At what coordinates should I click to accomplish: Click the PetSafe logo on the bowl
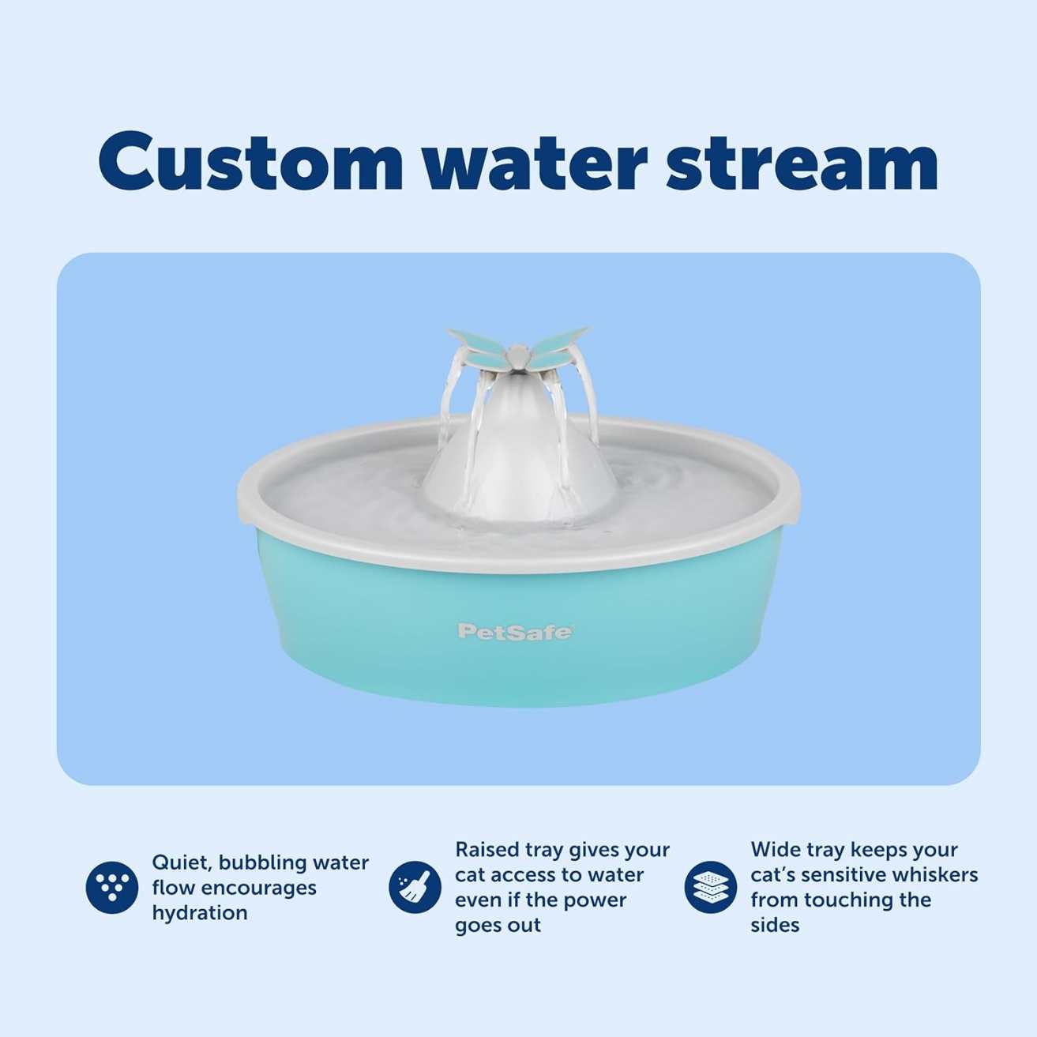[515, 631]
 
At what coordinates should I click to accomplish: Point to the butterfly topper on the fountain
[517, 348]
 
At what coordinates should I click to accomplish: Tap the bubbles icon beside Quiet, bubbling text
[111, 887]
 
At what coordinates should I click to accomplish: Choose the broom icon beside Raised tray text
[415, 887]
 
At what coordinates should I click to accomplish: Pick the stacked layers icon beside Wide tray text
[710, 887]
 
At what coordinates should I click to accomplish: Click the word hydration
[200, 913]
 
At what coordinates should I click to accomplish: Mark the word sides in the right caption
[775, 925]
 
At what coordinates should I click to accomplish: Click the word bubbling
[262, 862]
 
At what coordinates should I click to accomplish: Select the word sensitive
[845, 875]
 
